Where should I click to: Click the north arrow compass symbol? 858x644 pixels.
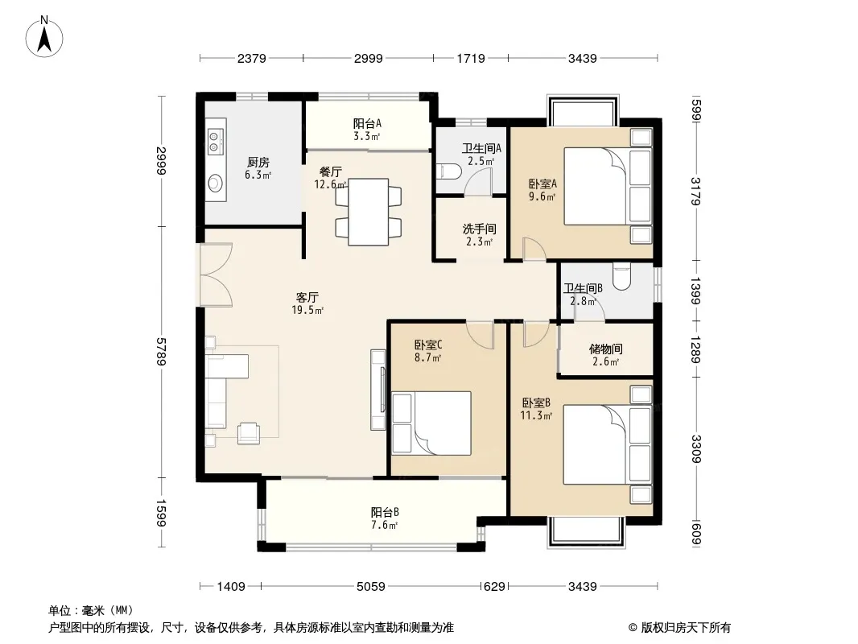click(x=44, y=37)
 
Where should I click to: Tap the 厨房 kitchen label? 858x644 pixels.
click(x=258, y=163)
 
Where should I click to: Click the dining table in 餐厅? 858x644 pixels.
click(x=369, y=212)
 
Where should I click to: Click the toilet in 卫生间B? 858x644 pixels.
click(x=621, y=277)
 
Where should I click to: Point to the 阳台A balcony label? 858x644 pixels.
click(x=366, y=124)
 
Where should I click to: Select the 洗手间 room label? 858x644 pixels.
click(x=480, y=229)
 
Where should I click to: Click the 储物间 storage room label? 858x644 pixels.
click(x=606, y=349)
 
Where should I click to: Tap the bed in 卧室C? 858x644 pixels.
click(x=431, y=423)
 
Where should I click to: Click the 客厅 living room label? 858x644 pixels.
click(x=307, y=298)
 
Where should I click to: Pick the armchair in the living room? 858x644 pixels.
click(x=249, y=433)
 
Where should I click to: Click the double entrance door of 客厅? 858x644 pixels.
click(x=217, y=275)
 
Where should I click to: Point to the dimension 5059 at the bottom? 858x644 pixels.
click(x=370, y=587)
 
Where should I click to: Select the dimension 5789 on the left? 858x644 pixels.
click(x=161, y=351)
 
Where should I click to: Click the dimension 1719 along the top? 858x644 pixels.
click(x=471, y=58)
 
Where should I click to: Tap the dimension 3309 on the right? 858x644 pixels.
click(x=695, y=448)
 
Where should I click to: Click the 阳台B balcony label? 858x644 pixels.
click(x=385, y=513)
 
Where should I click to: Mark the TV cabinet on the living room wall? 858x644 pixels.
click(x=378, y=390)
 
